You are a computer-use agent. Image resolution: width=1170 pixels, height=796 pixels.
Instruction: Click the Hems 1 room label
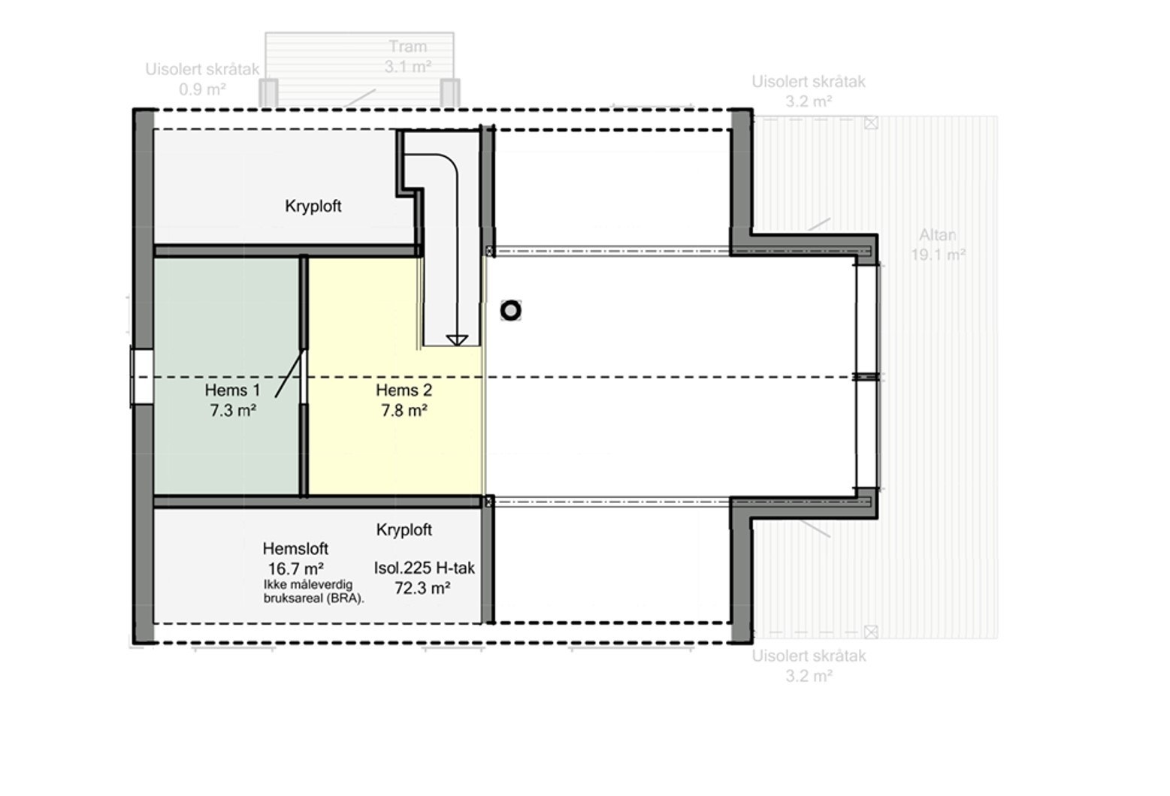click(x=232, y=390)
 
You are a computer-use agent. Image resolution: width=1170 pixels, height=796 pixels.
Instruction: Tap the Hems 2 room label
click(x=404, y=390)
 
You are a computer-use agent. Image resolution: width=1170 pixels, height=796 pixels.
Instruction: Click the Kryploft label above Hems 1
click(x=313, y=207)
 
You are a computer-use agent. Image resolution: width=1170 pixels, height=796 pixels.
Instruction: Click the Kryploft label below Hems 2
click(x=404, y=530)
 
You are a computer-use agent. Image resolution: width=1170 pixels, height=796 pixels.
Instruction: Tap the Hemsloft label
click(x=295, y=549)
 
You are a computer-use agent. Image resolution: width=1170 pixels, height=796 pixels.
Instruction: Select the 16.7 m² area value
click(x=295, y=568)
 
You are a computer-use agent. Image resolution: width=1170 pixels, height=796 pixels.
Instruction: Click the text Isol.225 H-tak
click(x=424, y=568)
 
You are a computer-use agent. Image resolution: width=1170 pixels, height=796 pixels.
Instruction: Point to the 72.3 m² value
click(x=422, y=588)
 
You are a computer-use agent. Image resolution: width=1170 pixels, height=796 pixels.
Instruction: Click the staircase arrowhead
click(x=457, y=339)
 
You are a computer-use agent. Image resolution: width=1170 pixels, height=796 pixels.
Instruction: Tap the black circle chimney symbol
click(x=511, y=311)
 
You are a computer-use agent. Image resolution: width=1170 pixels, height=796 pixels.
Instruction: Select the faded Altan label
click(x=938, y=235)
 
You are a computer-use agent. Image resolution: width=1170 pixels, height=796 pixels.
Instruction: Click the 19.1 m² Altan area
click(x=938, y=255)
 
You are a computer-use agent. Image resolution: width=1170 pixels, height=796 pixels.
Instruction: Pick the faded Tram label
click(x=407, y=47)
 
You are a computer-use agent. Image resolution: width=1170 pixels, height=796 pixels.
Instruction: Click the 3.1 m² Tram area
click(x=408, y=67)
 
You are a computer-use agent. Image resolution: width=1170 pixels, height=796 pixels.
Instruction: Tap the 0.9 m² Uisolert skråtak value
click(x=202, y=89)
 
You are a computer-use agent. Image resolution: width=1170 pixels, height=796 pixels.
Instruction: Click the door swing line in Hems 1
click(x=289, y=374)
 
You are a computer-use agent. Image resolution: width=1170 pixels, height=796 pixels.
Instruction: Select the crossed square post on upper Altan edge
click(x=871, y=123)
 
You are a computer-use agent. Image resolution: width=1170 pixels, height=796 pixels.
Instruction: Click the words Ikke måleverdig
click(x=307, y=584)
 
